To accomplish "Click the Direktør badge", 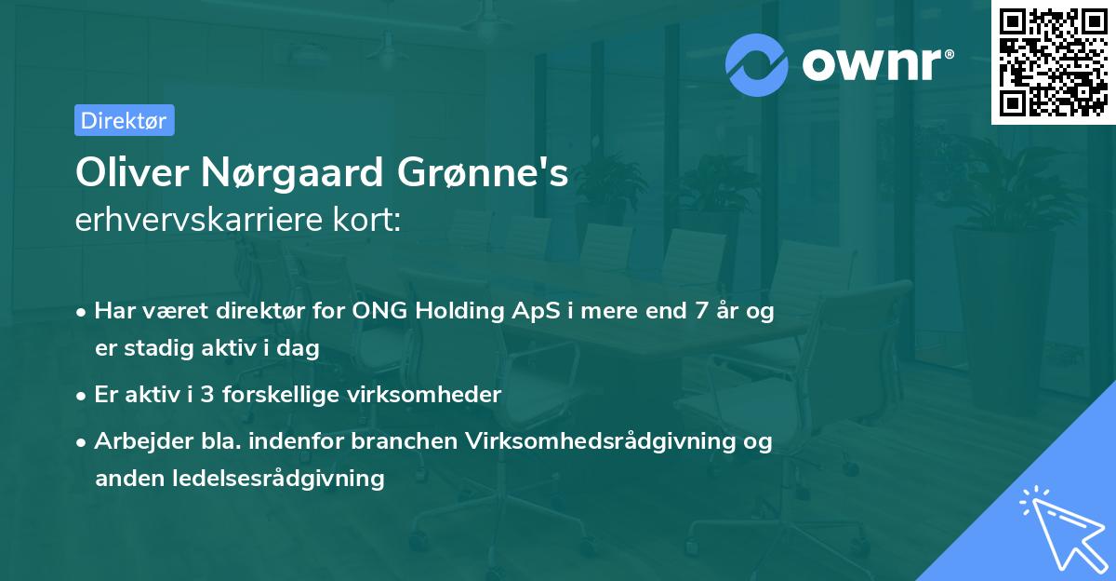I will pyautogui.click(x=124, y=120).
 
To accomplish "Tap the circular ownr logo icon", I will pyautogui.click(x=757, y=64).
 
